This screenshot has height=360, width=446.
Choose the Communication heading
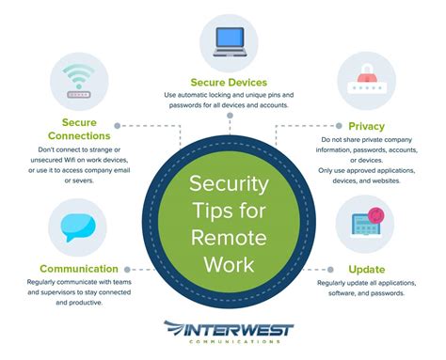(x=79, y=269)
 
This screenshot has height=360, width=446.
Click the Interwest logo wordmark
(x=229, y=331)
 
